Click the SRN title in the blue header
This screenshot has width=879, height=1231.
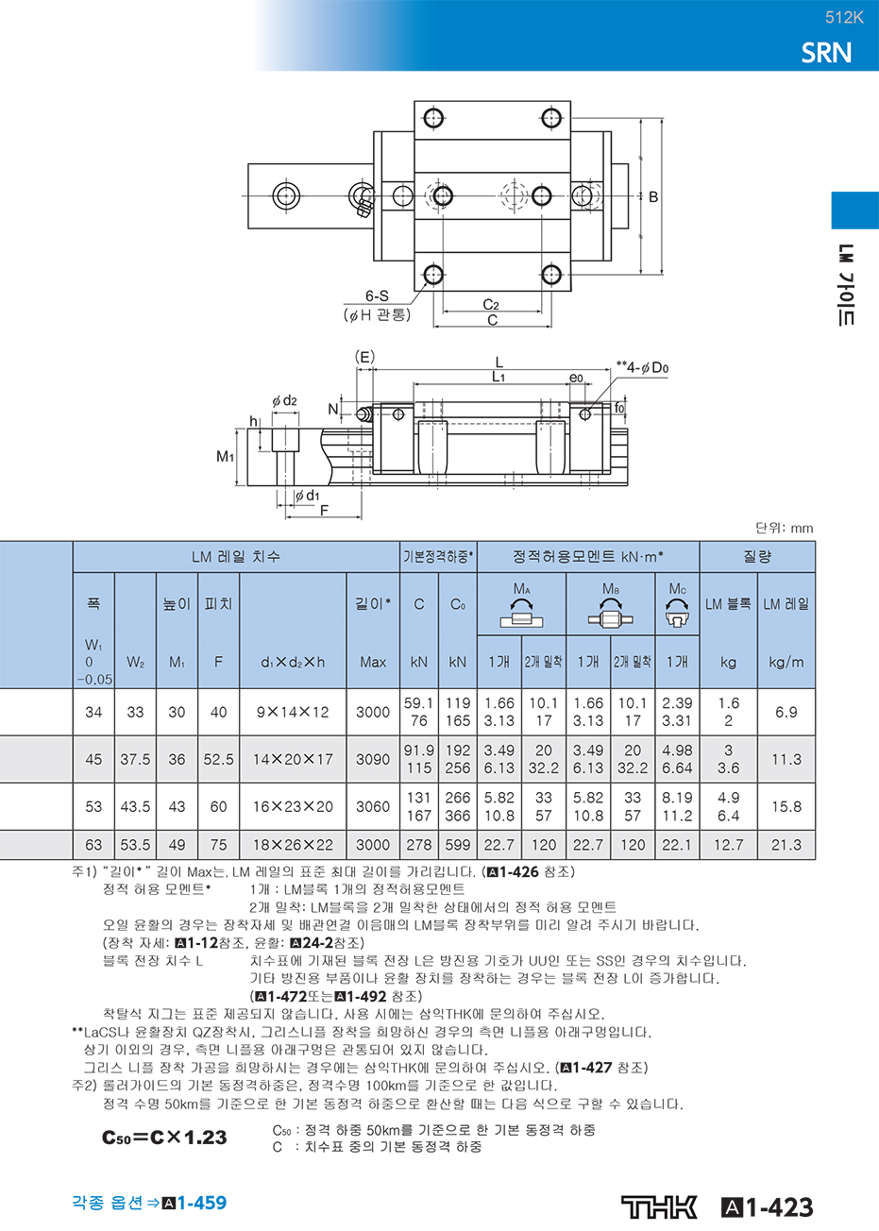[826, 53]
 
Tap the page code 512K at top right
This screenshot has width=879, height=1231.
[844, 18]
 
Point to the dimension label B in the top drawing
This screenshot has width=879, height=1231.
[653, 196]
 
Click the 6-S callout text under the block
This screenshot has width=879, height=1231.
[377, 295]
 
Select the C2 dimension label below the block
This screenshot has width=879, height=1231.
[490, 305]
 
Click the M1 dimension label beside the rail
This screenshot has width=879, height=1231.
[226, 456]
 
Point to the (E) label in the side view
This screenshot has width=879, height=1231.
[364, 357]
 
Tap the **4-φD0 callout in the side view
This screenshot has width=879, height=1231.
[642, 367]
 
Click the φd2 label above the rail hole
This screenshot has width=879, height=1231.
[285, 400]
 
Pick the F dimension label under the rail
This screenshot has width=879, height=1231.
[324, 511]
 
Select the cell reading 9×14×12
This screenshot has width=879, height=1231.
[293, 712]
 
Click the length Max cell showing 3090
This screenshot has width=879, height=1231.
[373, 760]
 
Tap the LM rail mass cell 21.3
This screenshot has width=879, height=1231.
[786, 845]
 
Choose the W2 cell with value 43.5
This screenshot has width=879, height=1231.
[135, 807]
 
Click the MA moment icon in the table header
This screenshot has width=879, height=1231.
[521, 614]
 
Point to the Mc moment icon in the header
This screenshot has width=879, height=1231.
[677, 614]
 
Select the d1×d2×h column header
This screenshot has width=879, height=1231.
[293, 662]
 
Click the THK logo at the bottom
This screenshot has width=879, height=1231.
[659, 1207]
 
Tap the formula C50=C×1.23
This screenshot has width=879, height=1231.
[164, 1137]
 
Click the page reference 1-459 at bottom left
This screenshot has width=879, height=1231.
[201, 1203]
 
